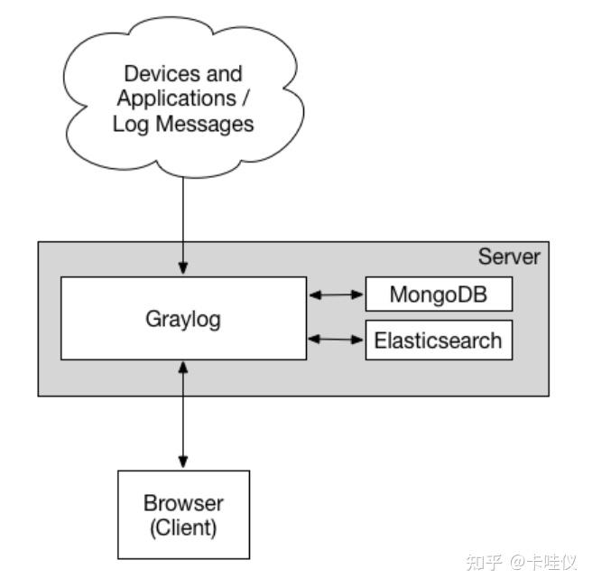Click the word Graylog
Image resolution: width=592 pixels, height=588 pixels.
point(183,319)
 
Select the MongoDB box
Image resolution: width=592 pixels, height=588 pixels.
point(439,294)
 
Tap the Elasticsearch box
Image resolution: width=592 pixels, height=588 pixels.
point(439,340)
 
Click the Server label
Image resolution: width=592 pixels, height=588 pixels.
point(509,257)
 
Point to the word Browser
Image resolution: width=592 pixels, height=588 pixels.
point(183,503)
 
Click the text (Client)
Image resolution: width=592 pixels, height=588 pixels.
point(183,527)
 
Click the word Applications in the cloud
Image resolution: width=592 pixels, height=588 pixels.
point(172,98)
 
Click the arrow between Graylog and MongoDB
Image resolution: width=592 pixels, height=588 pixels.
point(336,294)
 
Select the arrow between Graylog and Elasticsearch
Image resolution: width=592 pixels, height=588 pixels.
point(336,340)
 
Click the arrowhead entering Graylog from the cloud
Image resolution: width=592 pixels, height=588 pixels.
point(183,269)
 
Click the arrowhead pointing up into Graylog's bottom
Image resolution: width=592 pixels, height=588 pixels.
point(183,367)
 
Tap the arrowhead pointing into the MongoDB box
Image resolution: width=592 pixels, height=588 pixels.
point(358,294)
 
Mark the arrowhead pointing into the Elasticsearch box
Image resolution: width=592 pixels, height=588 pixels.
point(358,340)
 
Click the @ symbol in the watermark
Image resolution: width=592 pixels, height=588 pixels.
point(520,562)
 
